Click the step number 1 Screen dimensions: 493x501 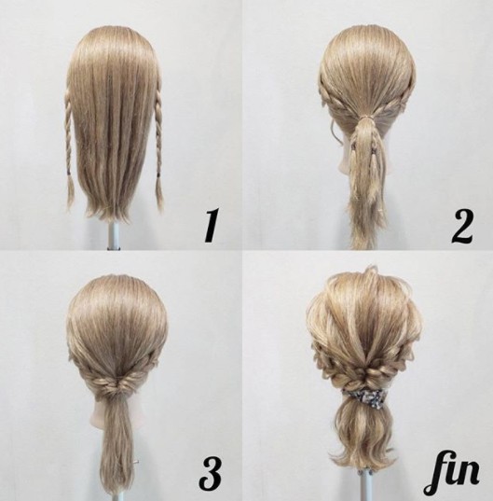click(x=211, y=226)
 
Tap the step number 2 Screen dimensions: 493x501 click(x=461, y=226)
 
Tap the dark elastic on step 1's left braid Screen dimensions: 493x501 click(x=70, y=174)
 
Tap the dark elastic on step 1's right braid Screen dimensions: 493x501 click(x=157, y=174)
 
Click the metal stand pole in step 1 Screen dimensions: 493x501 click(x=113, y=235)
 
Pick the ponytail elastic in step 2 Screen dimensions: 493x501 click(x=368, y=118)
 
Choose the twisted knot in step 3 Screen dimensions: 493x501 click(x=117, y=383)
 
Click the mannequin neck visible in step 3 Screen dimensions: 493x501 click(x=100, y=412)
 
